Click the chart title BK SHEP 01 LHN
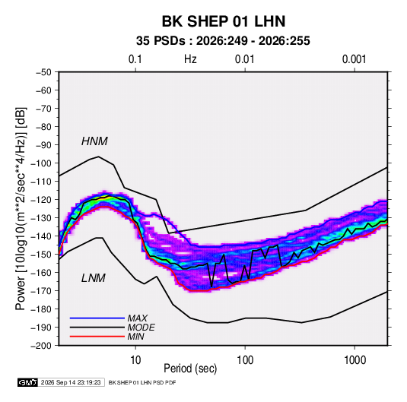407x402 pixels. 224,21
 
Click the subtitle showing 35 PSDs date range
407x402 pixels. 223,41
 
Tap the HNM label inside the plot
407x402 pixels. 94,141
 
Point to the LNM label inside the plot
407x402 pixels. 94,278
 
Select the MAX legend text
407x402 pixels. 138,318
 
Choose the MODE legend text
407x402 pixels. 141,328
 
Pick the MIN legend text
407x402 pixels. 135,337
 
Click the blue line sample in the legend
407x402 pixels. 97,318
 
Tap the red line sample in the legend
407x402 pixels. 97,337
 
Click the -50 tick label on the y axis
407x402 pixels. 43,72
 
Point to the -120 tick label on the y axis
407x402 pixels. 41,200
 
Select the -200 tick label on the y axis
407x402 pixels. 41,346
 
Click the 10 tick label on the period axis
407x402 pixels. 135,360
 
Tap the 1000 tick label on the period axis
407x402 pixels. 355,360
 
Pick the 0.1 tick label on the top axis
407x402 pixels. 135,59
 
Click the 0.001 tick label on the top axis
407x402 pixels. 355,59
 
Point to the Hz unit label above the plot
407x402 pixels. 190,59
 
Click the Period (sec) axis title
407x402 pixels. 190,369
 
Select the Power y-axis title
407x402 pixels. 21,208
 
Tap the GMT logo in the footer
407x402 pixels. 28,382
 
